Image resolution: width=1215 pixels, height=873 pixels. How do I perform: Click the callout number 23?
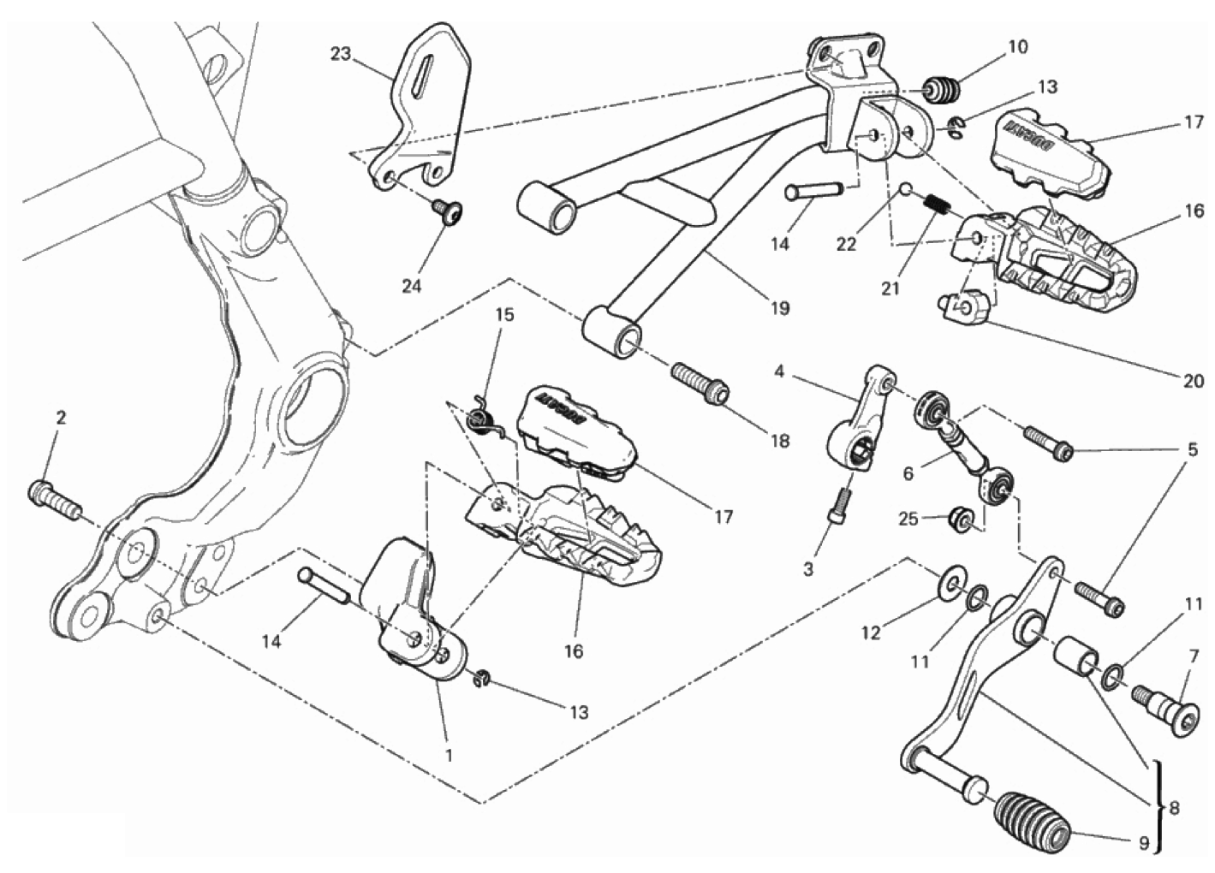click(341, 54)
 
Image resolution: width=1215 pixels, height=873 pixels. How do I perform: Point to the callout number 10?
click(1017, 46)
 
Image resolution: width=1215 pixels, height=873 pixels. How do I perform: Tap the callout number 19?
click(779, 308)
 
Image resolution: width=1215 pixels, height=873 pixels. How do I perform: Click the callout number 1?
click(448, 755)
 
